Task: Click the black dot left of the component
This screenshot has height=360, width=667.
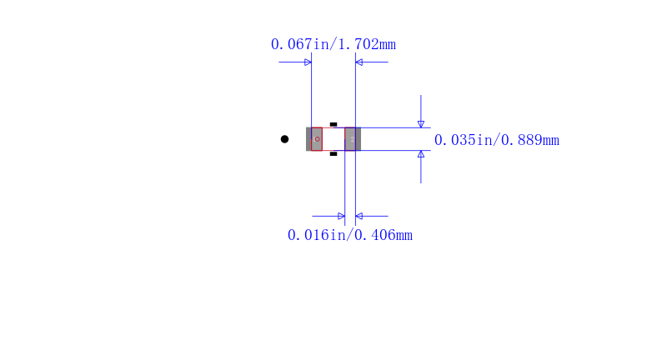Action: pos(284,139)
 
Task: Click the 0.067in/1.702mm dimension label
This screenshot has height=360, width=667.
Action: pos(333,44)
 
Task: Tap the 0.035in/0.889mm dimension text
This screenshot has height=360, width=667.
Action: pos(496,140)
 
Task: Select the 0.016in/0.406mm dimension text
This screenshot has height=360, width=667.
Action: pos(349,235)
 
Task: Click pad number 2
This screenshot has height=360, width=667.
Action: pos(350,139)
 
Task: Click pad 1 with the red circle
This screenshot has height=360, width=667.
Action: pos(317,139)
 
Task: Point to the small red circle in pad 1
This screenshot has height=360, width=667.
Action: pos(318,139)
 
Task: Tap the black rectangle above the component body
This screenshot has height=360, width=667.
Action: pos(333,124)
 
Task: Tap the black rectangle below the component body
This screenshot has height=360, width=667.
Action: pos(333,154)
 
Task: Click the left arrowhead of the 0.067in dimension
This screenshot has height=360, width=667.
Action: pos(308,62)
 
